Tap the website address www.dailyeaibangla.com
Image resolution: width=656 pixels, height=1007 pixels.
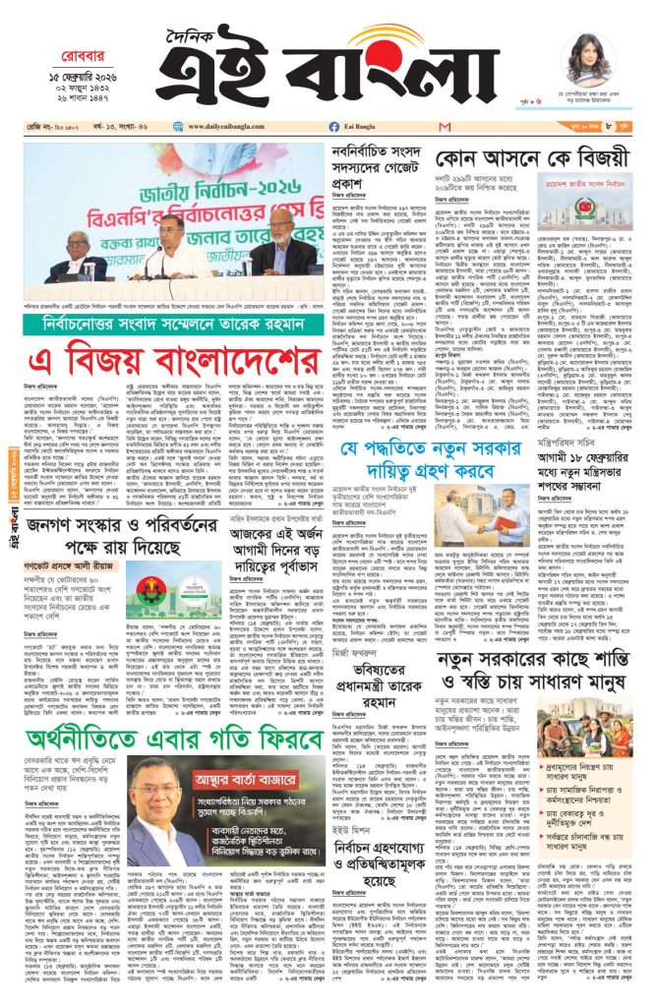pos(225,126)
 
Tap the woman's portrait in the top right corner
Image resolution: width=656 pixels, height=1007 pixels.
pos(591,59)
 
